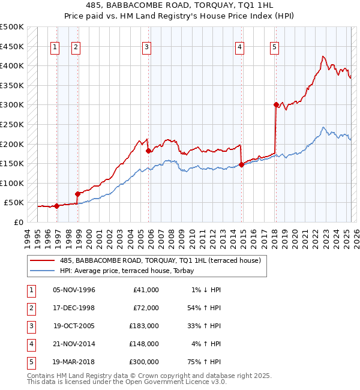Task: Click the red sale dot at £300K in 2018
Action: click(x=276, y=105)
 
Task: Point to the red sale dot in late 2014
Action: click(x=241, y=164)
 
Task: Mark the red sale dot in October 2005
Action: click(x=148, y=151)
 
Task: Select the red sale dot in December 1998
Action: click(x=77, y=194)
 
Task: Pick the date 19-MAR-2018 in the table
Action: click(x=74, y=362)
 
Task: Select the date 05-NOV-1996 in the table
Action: click(x=74, y=290)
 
